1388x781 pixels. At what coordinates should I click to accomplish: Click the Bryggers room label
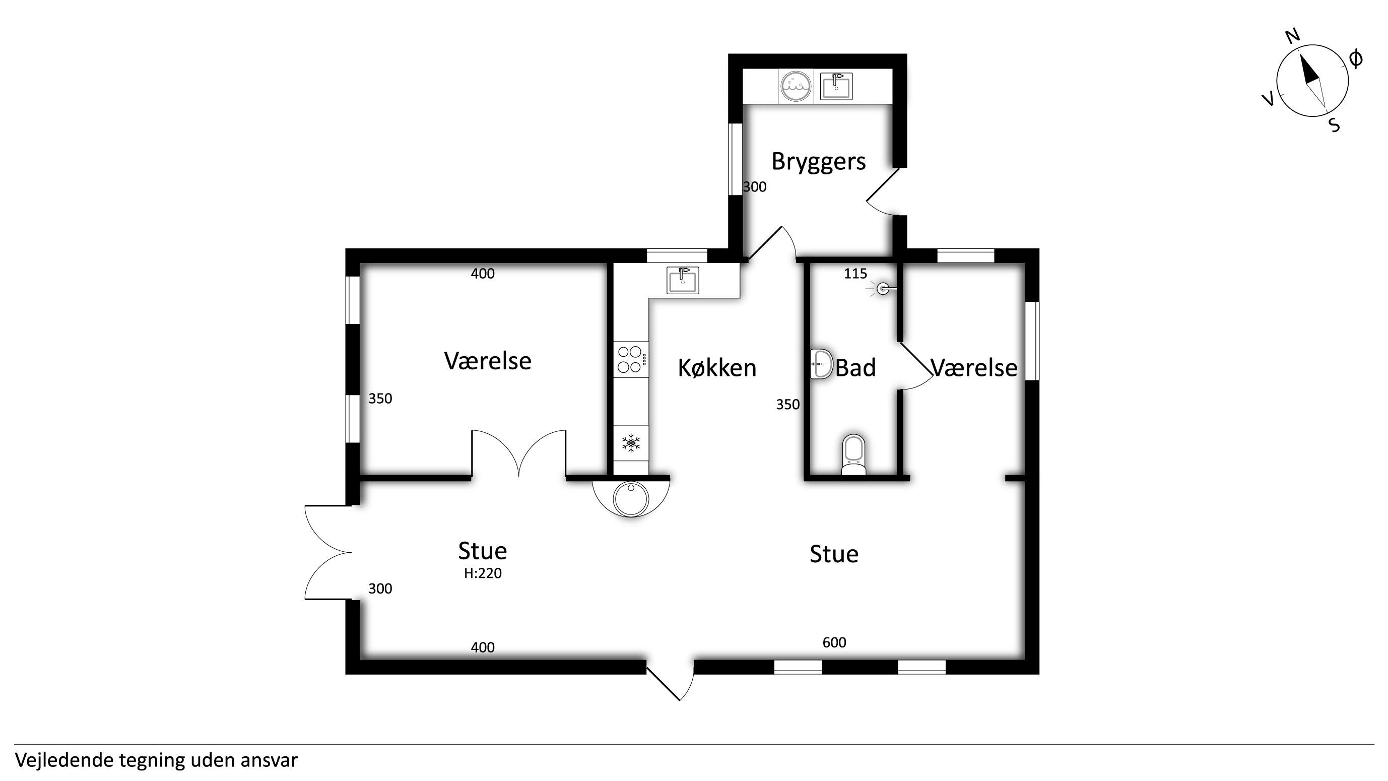click(819, 162)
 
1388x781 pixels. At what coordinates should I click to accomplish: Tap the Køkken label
click(717, 368)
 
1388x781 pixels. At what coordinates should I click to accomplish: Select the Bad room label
click(855, 368)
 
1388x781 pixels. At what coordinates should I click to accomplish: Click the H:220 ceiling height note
click(483, 573)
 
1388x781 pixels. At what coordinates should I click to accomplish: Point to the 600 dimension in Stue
click(834, 642)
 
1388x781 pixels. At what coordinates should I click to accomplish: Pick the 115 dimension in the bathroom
click(855, 274)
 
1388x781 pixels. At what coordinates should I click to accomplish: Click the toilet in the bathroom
click(853, 454)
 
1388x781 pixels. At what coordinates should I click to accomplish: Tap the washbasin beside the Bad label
click(821, 364)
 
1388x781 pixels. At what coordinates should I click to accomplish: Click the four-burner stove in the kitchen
click(631, 359)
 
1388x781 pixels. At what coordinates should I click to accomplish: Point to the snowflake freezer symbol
click(631, 443)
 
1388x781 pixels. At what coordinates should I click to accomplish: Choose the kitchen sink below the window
click(683, 280)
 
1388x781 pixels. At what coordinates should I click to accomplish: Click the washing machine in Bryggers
click(796, 87)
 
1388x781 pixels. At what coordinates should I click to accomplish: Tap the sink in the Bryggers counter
click(836, 86)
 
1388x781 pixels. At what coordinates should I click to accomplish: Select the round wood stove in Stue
click(631, 498)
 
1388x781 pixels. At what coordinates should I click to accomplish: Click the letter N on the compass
click(1293, 37)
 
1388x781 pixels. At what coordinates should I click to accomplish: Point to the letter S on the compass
click(1334, 125)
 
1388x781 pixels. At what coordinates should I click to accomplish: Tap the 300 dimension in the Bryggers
click(754, 187)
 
